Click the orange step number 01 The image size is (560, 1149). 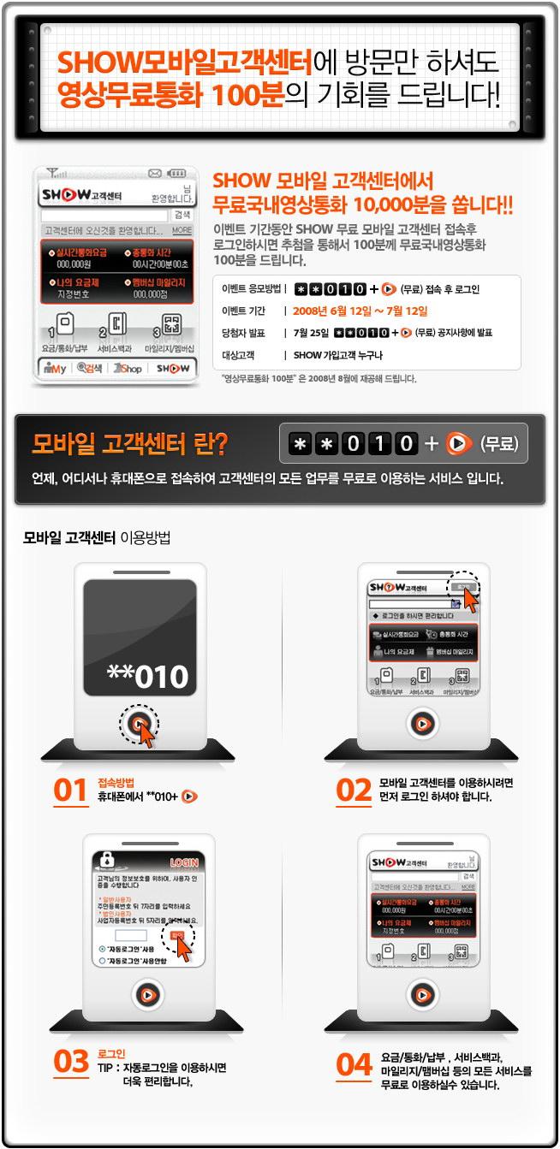coord(70,791)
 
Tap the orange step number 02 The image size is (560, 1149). coord(353,791)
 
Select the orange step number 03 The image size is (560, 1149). coord(70,1062)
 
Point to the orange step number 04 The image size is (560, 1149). coord(354,1064)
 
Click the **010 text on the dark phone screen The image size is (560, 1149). coord(147,676)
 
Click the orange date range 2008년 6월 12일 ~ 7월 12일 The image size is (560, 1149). coord(360,311)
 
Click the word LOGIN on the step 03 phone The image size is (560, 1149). coord(183,862)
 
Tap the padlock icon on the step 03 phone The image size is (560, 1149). coord(108,859)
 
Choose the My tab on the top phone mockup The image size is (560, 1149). coord(54,368)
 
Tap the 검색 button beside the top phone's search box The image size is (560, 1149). coord(182,215)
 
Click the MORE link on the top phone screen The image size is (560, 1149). coord(182,231)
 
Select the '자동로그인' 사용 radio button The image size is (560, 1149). coord(103,949)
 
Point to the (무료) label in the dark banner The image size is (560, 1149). coord(497,443)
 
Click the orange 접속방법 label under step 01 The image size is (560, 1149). coord(116,782)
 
